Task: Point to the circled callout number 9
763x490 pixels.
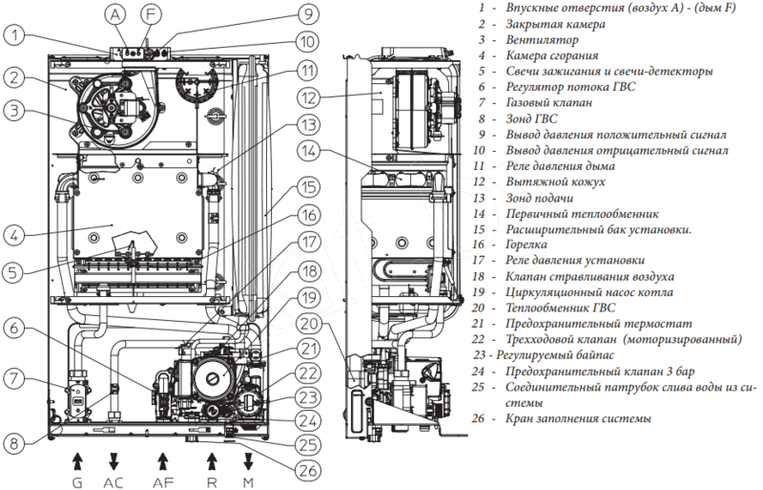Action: point(307,14)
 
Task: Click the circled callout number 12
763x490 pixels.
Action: point(307,98)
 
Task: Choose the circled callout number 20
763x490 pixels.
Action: point(307,323)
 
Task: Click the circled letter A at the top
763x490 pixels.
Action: point(116,14)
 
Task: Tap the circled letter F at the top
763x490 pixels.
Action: point(149,14)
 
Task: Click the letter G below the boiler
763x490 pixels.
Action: point(77,482)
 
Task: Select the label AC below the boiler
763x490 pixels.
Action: point(113,482)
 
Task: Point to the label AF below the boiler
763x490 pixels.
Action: point(163,482)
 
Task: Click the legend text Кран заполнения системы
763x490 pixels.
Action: point(581,417)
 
